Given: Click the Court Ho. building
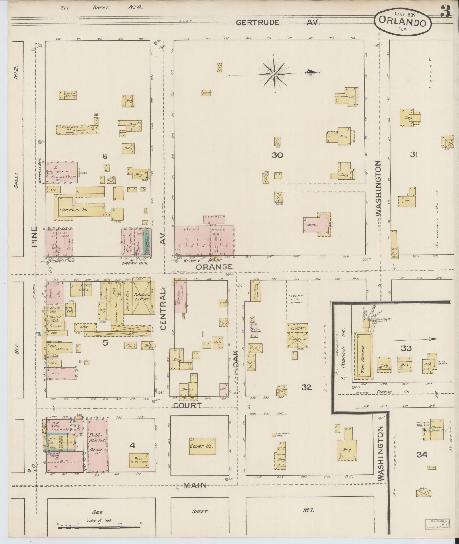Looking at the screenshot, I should click(201, 446).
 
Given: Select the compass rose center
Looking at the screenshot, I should click(274, 74).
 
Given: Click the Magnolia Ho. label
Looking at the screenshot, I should click(74, 210).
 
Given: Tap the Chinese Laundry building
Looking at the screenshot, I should click(68, 95).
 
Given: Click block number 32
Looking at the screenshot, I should click(306, 387).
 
